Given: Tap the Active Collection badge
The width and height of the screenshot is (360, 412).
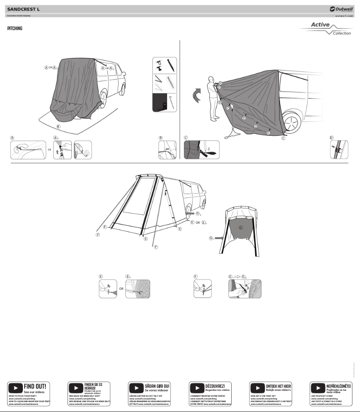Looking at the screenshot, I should pos(325,29).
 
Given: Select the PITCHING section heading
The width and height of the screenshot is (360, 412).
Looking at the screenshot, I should pos(15,29).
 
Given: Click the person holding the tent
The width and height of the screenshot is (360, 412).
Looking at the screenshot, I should pos(213,99).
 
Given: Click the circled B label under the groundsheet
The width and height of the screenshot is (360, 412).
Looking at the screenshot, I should pos(57,127).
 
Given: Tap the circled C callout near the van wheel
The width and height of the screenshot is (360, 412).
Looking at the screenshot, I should pos(283,139).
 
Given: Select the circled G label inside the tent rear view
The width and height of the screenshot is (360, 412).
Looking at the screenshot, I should pos(241,228).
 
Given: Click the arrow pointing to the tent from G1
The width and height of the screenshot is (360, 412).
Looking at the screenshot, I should pos(219,238).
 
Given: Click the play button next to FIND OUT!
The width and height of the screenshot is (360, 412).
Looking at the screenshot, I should pos(16,387).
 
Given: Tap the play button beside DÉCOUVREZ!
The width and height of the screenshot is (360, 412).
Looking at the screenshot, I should pos(197,387).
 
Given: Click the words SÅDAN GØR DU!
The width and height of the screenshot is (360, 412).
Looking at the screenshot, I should pos(157,386).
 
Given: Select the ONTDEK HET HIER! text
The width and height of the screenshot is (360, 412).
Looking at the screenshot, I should pos(278,386).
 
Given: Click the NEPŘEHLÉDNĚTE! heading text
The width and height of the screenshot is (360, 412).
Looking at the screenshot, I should pos(339,386).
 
